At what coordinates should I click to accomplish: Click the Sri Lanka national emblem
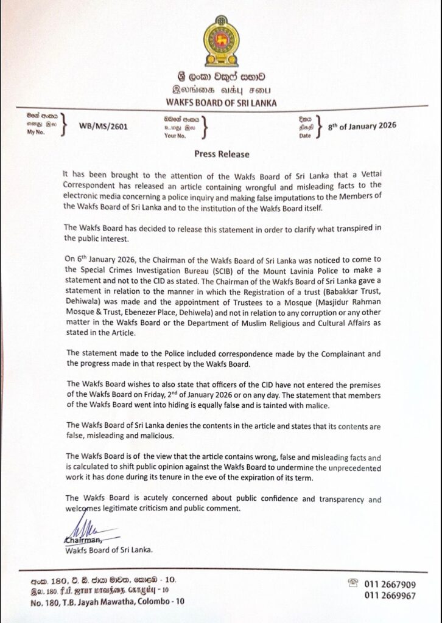tap(221, 41)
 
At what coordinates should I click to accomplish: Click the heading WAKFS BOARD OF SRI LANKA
tap(221, 103)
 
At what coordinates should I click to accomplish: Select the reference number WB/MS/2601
tap(103, 127)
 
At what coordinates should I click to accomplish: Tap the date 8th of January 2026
tap(362, 126)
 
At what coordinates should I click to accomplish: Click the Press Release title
tap(221, 155)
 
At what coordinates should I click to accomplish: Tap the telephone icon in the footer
tap(352, 583)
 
